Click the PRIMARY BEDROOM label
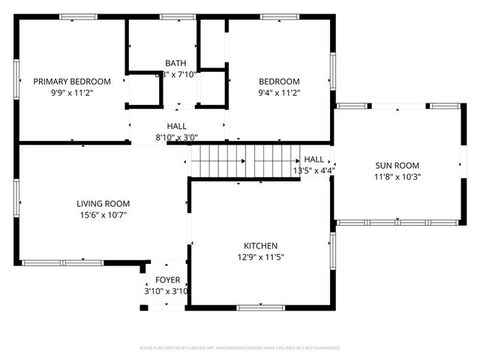71,82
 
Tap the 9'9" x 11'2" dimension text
71,93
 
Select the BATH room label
176,63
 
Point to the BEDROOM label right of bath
279,82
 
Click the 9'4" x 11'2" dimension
279,93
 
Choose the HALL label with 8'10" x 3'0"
177,127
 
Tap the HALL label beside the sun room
313,160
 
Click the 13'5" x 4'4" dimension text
313,170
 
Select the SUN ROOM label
397,166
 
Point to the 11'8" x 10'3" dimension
397,177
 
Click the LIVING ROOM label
103,203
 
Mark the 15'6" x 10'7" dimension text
103,214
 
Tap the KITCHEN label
260,246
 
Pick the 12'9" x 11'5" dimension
260,257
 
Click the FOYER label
163,282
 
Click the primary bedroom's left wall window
16,80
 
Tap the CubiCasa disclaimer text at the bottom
240,348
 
